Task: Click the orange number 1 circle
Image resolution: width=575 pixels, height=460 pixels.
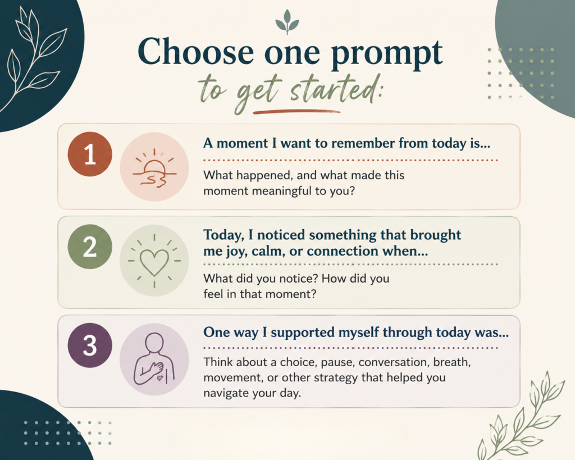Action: [90, 154]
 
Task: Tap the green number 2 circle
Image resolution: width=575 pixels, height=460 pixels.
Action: [90, 247]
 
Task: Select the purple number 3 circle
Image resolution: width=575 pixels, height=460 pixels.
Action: [90, 345]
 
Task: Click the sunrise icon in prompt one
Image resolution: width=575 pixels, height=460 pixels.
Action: [154, 167]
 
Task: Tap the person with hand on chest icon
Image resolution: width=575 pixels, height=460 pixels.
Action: [154, 359]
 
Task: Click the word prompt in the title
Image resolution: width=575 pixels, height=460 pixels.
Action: [386, 54]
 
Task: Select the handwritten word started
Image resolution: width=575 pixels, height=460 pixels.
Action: [335, 89]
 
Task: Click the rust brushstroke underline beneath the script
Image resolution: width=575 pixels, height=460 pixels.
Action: [296, 112]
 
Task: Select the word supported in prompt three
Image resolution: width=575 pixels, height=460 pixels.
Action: [302, 333]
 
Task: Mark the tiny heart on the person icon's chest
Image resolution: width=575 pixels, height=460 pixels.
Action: [159, 377]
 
